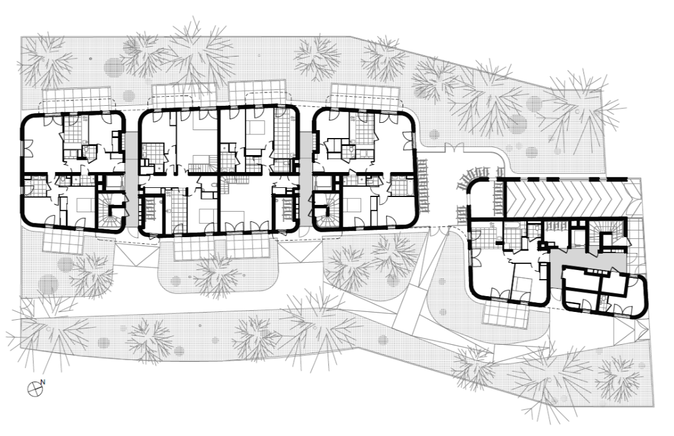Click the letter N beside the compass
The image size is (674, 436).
[43, 381]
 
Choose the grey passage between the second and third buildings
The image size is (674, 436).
[306, 180]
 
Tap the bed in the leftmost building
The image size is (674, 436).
[85, 205]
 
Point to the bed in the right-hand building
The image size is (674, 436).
[524, 284]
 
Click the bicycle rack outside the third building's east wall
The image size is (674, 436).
[423, 186]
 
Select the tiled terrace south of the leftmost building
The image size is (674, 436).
[63, 240]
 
